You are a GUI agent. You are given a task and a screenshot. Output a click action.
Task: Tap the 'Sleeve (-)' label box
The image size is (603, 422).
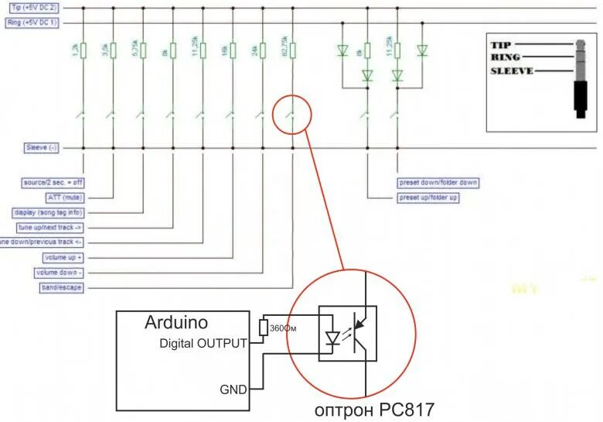(41, 147)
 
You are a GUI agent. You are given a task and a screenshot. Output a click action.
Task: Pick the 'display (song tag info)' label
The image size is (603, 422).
(49, 212)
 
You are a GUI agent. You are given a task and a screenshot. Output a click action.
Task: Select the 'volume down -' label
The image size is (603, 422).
(58, 273)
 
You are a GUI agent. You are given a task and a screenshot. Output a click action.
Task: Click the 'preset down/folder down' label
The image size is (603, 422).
(438, 183)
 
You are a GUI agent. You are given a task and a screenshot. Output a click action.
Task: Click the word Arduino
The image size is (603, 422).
(176, 322)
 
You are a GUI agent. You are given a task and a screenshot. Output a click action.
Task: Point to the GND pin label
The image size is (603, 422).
(233, 389)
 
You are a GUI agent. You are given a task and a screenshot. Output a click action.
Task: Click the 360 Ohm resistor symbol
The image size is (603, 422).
(264, 328)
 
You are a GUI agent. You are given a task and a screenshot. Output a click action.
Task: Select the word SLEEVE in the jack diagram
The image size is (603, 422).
(513, 72)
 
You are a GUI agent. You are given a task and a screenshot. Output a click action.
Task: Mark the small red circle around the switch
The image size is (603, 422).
(292, 114)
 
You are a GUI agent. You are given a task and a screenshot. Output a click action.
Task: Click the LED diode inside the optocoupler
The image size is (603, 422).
(332, 338)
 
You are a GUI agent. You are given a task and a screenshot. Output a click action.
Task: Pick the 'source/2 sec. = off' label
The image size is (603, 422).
(52, 183)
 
